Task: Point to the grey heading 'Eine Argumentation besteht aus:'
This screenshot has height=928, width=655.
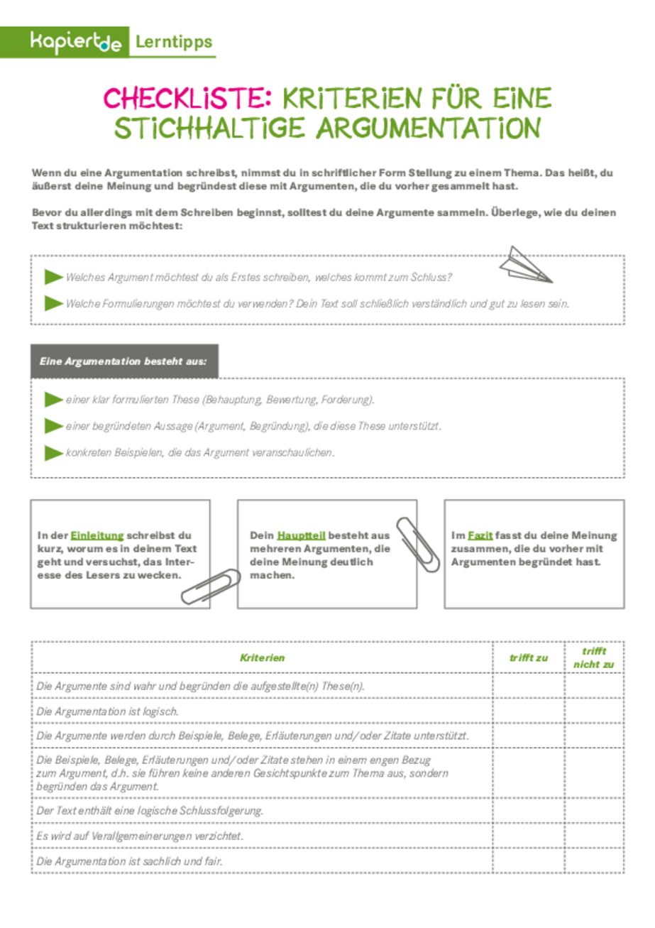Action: tap(123, 361)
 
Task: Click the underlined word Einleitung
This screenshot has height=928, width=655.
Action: tap(97, 535)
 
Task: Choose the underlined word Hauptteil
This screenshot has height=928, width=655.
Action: tap(302, 535)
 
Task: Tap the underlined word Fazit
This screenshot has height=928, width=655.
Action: tap(480, 535)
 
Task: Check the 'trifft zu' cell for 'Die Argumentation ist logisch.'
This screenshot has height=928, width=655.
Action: tap(529, 711)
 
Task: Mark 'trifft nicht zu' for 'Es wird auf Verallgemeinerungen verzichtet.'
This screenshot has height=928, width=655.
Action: tap(594, 836)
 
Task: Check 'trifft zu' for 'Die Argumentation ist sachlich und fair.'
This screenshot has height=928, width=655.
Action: tap(529, 861)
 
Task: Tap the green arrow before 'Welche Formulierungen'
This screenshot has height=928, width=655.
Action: tap(53, 303)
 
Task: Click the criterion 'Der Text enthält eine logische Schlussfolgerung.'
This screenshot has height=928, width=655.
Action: tap(150, 811)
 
